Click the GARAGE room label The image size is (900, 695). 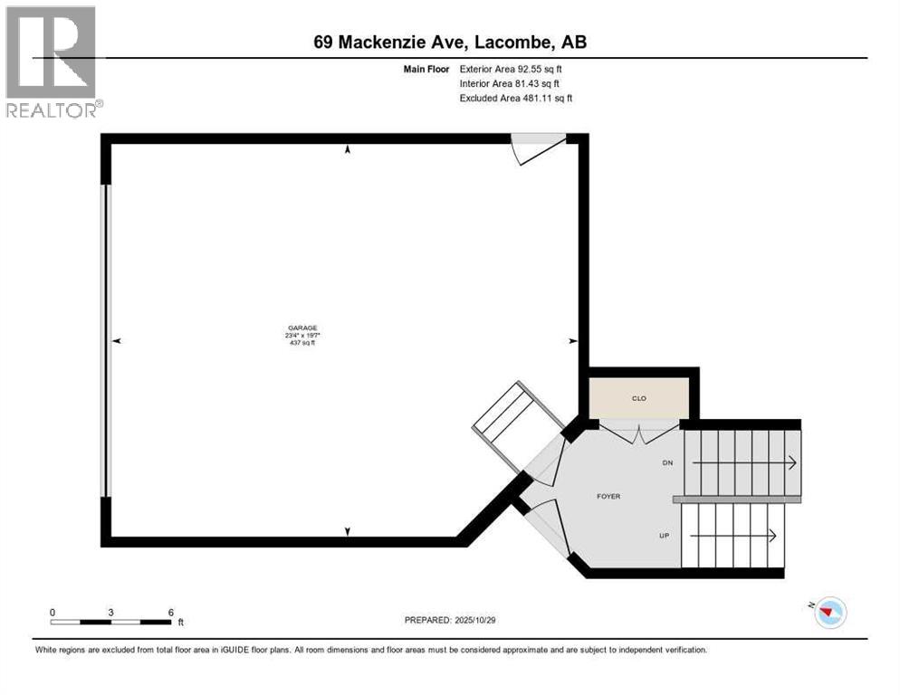pos(303,328)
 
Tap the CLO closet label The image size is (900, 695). pos(638,398)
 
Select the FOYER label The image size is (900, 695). pos(608,496)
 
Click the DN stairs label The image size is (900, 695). pos(667,462)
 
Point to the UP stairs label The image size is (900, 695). pos(664,536)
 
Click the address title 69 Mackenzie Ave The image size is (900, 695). pos(449,42)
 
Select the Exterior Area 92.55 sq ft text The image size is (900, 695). pos(516,69)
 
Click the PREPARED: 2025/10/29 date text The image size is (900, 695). pos(449,620)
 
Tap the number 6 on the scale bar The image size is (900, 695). pos(170,613)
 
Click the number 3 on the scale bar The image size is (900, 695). pos(110,613)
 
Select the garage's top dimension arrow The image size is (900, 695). pos(348,150)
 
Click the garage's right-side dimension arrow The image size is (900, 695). pos(571,341)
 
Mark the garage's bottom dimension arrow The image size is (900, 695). pos(348,532)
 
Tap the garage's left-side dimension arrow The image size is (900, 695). pos(117,341)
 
